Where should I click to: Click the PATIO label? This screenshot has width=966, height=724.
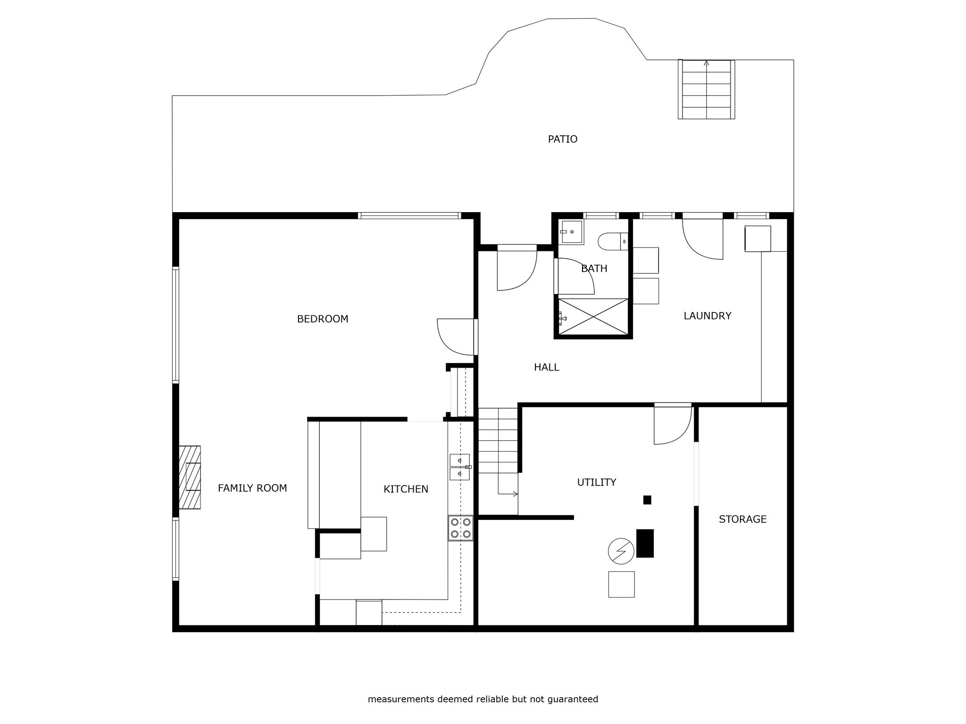tap(562, 139)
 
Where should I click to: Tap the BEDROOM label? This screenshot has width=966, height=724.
tap(323, 319)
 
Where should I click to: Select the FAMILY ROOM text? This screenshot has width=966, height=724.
tap(252, 488)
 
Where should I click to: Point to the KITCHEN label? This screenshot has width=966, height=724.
tap(406, 489)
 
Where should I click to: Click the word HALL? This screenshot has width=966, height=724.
tap(547, 367)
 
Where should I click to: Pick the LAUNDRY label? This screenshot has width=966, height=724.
tap(708, 316)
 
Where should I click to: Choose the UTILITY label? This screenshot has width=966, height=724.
tap(597, 482)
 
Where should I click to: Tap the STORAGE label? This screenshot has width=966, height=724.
tap(743, 519)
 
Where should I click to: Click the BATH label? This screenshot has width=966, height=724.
tap(594, 269)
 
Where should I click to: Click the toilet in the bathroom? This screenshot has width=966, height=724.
tap(613, 242)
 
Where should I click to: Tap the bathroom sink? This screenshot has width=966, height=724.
tap(571, 232)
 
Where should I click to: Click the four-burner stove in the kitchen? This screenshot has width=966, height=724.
tap(460, 528)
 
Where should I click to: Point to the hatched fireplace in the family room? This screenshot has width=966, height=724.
tap(190, 477)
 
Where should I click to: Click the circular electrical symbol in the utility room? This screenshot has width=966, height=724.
tap(621, 551)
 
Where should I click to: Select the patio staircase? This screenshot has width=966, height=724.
tap(706, 89)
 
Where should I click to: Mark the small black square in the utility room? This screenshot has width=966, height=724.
tap(647, 500)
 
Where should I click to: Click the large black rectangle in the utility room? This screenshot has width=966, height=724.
tap(645, 543)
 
